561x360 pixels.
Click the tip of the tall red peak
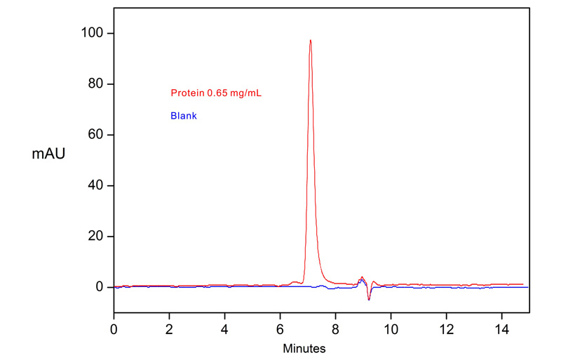pos(310,40)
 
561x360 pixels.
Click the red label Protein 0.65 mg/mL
pos(216,93)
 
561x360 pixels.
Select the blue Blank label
pos(184,116)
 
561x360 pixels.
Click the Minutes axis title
pos(304,347)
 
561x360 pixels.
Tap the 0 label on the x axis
pos(114,327)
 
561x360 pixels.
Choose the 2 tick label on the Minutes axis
pos(170,327)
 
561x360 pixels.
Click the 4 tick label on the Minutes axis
pos(225,327)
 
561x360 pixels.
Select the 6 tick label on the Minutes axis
pos(280,327)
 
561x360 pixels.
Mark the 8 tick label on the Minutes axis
pos(335,327)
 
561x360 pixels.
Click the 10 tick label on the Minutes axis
pos(391,327)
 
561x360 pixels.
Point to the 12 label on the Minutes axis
pos(446,327)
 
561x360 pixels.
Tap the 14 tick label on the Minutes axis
pos(501,327)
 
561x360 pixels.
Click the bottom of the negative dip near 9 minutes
pos(368,300)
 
